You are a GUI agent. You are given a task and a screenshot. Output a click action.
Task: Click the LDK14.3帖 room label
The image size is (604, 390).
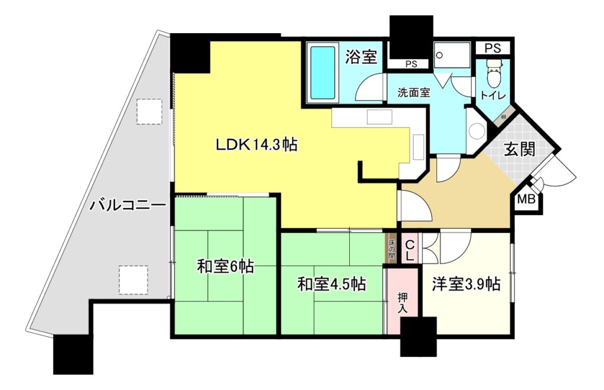pyautogui.click(x=256, y=145)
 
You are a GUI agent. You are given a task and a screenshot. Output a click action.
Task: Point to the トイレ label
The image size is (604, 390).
pyautogui.click(x=493, y=95)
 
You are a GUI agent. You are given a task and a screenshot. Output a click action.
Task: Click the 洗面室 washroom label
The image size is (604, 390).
pyautogui.click(x=413, y=93)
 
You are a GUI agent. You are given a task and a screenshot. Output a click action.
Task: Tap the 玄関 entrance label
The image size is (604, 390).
pyautogui.click(x=520, y=149)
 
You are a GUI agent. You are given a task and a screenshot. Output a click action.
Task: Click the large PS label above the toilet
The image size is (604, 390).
pyautogui.click(x=493, y=48)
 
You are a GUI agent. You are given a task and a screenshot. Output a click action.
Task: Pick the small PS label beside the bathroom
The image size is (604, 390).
pyautogui.click(x=411, y=64)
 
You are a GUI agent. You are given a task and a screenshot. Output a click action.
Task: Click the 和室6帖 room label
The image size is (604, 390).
pyautogui.click(x=225, y=266)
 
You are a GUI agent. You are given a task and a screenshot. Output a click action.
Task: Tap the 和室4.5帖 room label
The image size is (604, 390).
pyautogui.click(x=331, y=284)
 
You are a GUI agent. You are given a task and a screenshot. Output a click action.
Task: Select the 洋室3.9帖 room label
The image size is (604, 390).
pyautogui.click(x=466, y=284)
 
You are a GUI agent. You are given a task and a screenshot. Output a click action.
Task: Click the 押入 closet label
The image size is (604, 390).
pyautogui.click(x=403, y=303)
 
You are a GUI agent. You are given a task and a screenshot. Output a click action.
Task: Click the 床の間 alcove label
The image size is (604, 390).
pyautogui.click(x=392, y=248)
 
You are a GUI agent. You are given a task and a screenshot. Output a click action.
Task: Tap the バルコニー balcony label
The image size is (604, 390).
pyautogui.click(x=127, y=206)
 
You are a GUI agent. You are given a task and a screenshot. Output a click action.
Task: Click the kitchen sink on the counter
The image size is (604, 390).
pyautogui.click(x=379, y=117)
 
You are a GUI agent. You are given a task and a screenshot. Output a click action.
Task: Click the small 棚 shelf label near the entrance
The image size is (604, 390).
pyautogui.click(x=503, y=117)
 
